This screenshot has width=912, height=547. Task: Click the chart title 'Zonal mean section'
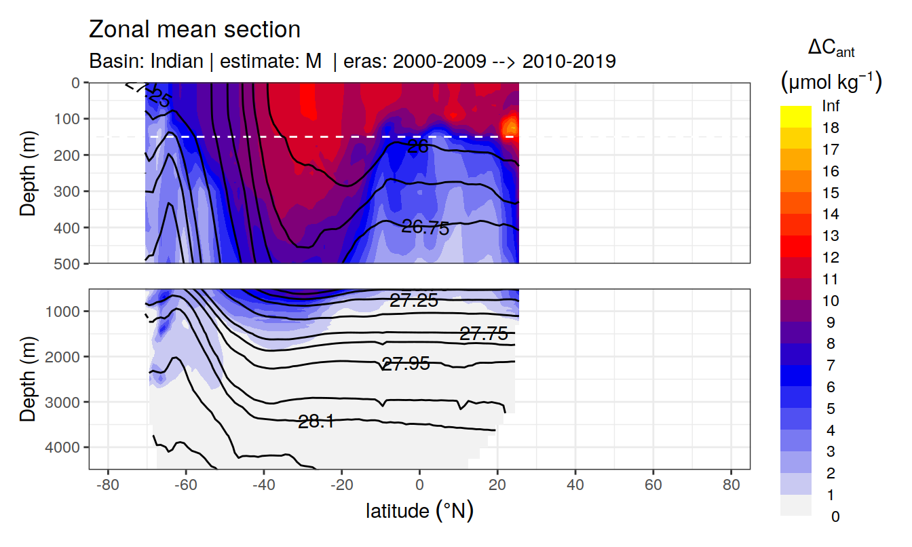pyautogui.click(x=195, y=30)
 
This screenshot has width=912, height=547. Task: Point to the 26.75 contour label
pyautogui.click(x=425, y=228)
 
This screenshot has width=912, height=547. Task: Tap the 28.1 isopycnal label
pyautogui.click(x=316, y=422)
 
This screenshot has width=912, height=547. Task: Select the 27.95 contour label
pyautogui.click(x=406, y=364)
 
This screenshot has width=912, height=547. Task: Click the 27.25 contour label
pyautogui.click(x=413, y=301)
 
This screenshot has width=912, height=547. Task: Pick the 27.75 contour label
pyautogui.click(x=483, y=334)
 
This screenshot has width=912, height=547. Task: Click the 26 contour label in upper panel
pyautogui.click(x=418, y=146)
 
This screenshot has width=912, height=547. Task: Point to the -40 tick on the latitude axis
pyautogui.click(x=263, y=487)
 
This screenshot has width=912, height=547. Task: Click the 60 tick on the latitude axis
pyautogui.click(x=653, y=487)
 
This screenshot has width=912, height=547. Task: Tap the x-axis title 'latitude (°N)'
pyautogui.click(x=419, y=510)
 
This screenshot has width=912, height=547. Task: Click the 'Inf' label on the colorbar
pyautogui.click(x=831, y=107)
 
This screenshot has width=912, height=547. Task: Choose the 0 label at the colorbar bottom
pyautogui.click(x=835, y=516)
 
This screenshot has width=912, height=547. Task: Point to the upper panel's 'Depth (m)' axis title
pyautogui.click(x=28, y=172)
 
